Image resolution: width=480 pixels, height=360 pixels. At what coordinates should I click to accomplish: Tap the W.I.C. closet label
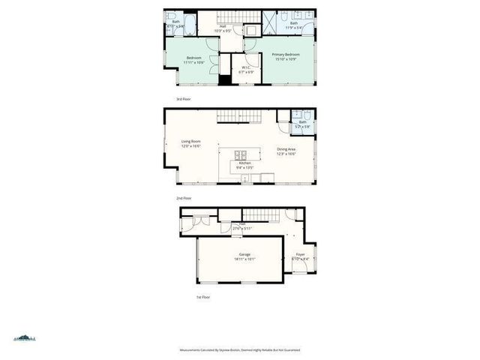click(245, 67)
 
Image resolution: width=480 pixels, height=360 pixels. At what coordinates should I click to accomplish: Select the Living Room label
click(190, 141)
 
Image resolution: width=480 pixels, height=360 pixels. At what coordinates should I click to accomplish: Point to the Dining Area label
click(286, 148)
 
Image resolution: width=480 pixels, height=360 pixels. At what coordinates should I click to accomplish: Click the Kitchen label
click(245, 163)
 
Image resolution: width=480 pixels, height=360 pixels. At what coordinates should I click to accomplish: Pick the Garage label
click(244, 254)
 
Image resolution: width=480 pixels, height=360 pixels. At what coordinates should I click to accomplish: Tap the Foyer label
click(300, 254)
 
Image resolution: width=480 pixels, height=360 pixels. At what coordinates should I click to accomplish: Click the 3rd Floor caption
click(183, 99)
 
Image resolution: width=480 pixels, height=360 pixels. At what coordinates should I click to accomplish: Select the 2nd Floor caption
click(184, 198)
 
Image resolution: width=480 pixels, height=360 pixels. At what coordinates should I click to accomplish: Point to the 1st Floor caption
click(204, 297)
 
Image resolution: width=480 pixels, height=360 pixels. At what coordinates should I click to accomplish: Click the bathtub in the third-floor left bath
click(189, 25)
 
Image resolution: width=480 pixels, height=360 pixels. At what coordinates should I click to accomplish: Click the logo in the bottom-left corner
click(25, 339)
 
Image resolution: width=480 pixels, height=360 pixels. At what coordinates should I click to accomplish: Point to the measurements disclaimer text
click(240, 349)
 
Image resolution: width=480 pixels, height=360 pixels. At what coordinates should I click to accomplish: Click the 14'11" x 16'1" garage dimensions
click(244, 259)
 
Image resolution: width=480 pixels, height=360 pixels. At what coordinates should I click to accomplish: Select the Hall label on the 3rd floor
click(223, 26)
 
